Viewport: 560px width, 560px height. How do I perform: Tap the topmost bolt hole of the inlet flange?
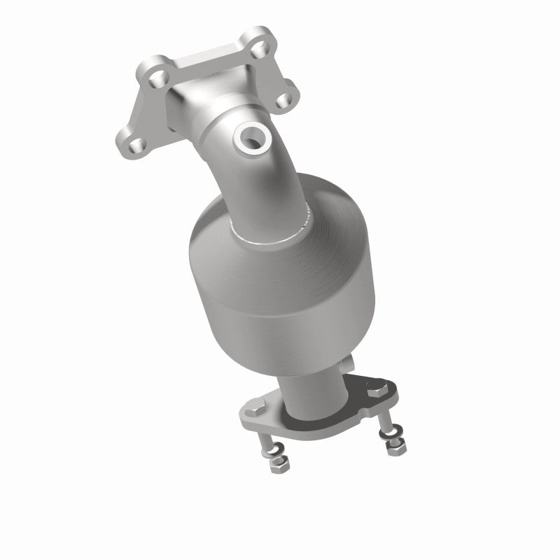(260, 50)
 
